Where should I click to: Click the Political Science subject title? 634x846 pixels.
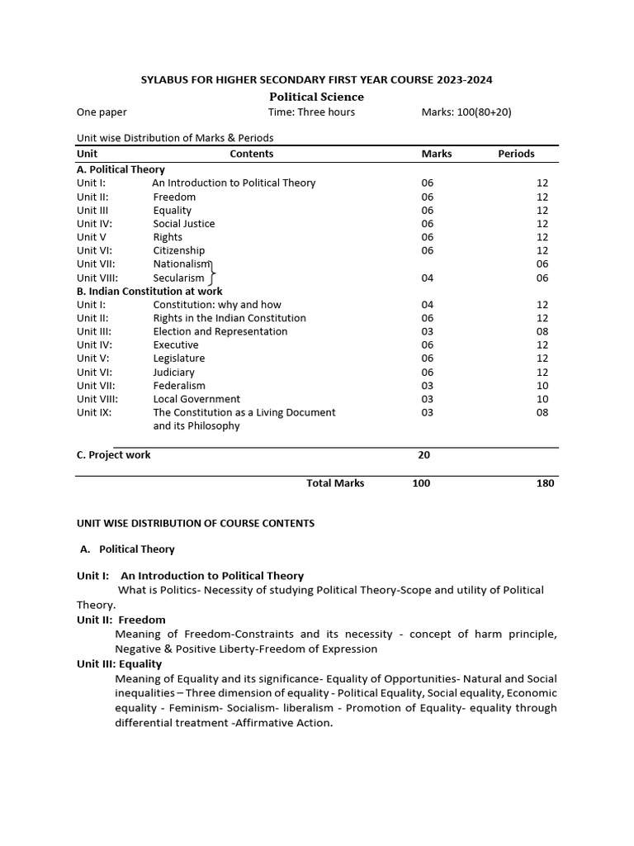point(317,97)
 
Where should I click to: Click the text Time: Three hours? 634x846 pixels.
point(311,112)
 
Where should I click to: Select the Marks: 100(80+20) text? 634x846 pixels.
point(466,112)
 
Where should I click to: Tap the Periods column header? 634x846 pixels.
point(516,154)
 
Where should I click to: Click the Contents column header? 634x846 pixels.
point(251,154)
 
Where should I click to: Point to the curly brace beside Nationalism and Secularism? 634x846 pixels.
point(212,271)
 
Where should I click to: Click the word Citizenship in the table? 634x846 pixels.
point(179,250)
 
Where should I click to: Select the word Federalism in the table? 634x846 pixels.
point(179,385)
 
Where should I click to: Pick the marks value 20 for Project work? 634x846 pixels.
point(423,454)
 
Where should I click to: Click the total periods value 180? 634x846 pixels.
point(545,483)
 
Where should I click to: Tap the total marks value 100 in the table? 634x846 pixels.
point(421,483)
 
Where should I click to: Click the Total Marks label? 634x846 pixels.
point(335,483)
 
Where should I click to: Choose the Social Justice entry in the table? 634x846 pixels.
point(184,223)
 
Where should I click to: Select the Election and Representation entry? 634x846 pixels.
point(220,331)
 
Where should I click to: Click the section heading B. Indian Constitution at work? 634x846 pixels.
point(149,291)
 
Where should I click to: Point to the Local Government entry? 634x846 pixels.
point(196,399)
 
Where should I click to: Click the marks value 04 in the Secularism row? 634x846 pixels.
point(427,278)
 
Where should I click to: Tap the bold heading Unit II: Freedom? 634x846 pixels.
point(121,620)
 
